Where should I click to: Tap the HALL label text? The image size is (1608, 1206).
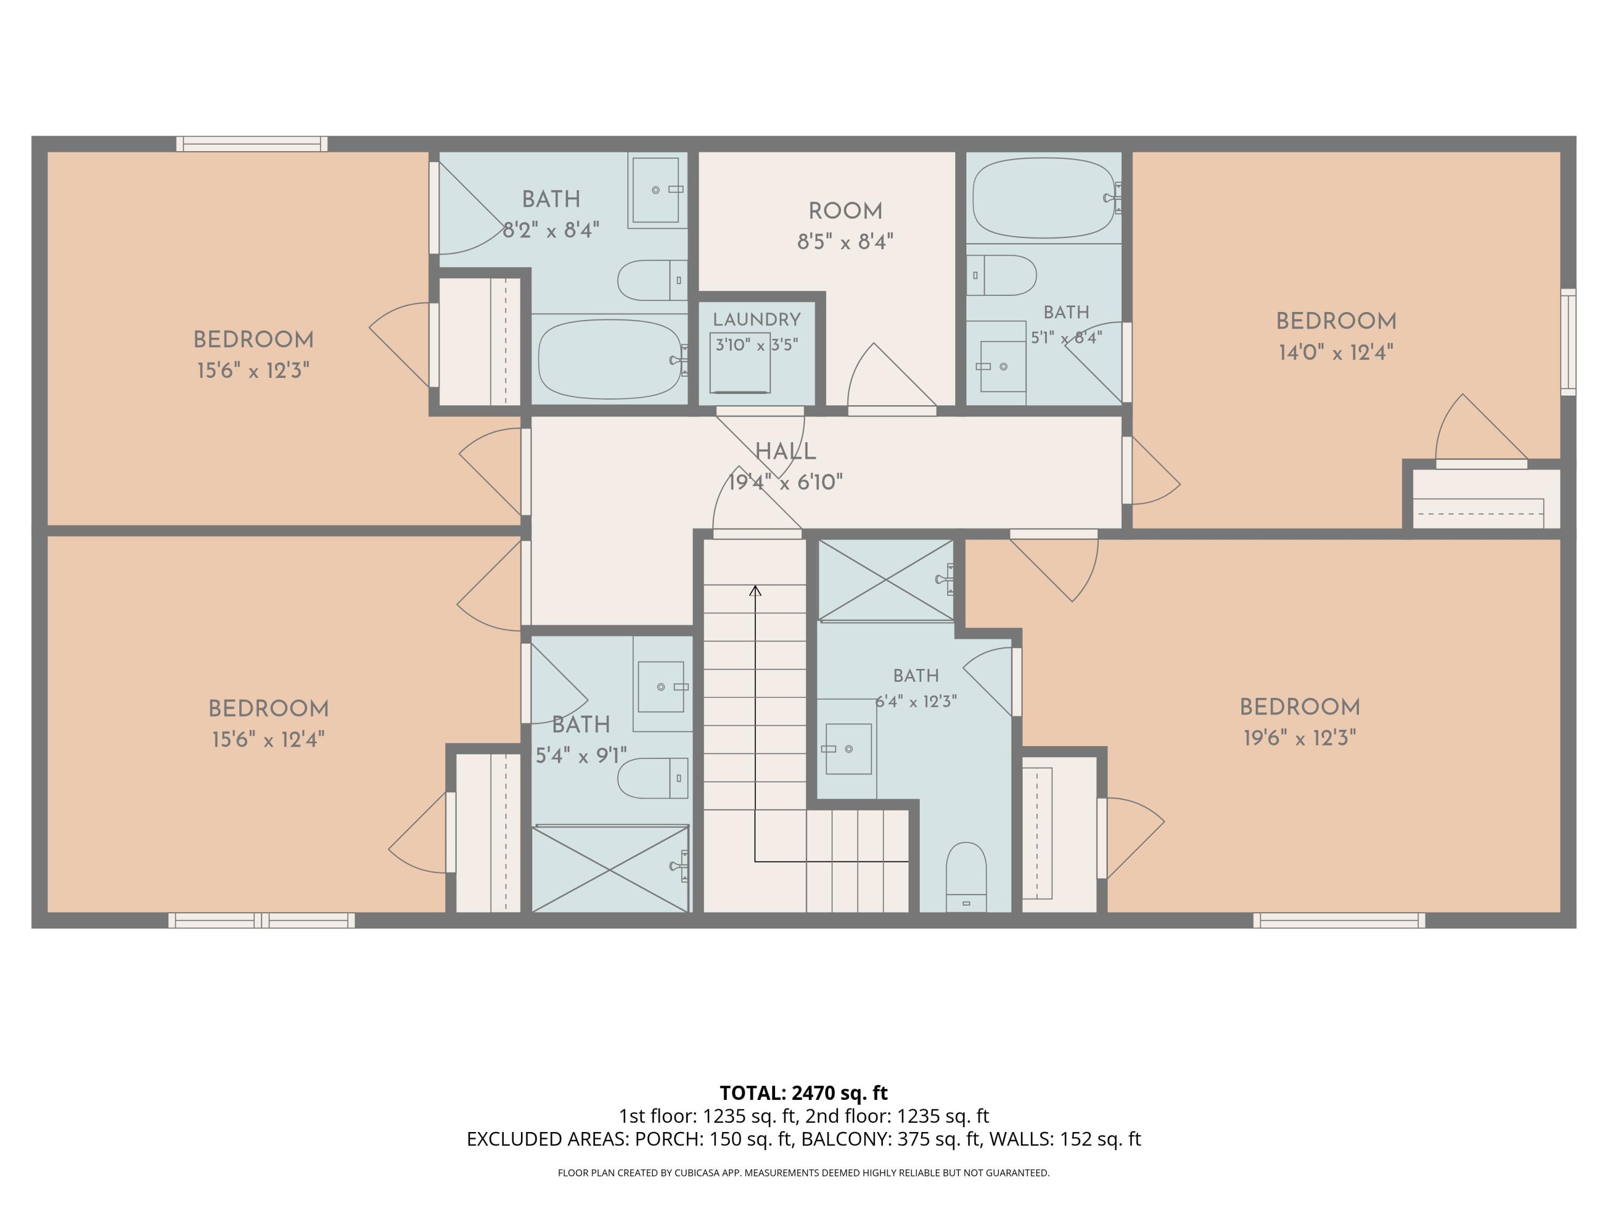pos(785,451)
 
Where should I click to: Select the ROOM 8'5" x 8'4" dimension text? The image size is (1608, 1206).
pos(845,241)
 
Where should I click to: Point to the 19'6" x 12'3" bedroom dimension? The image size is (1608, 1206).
pos(1300,739)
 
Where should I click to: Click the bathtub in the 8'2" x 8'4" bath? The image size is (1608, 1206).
pos(611,359)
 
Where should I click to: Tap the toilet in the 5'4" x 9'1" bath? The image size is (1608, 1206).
pos(653,778)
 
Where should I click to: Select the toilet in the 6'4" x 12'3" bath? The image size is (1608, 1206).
pos(966,877)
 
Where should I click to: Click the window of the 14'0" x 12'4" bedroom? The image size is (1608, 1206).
pos(1568,341)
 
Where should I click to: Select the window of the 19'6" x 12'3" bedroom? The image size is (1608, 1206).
pos(1339,920)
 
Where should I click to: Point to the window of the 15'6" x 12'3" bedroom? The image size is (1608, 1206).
pos(251,144)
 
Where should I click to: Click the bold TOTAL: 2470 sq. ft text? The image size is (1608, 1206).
pos(804,1092)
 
